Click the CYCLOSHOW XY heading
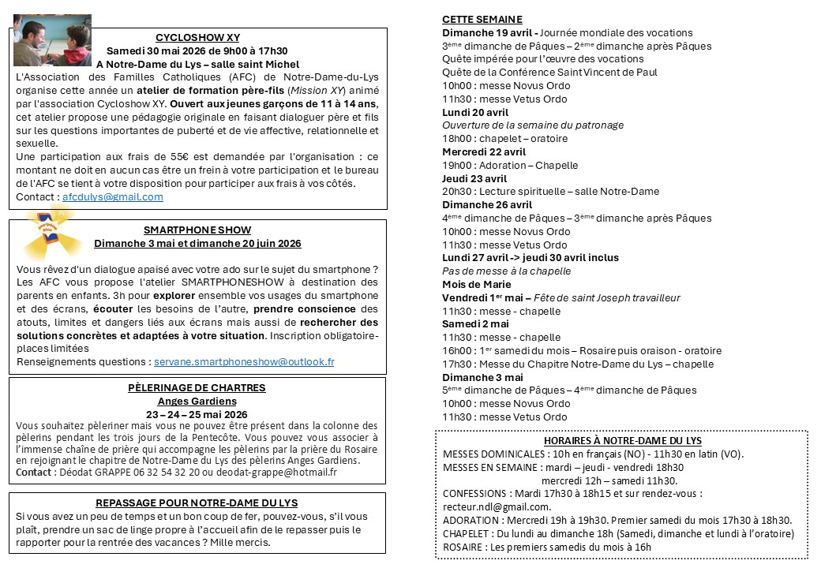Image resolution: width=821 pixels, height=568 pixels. click(x=197, y=37)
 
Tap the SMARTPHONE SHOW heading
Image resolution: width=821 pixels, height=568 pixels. click(x=197, y=230)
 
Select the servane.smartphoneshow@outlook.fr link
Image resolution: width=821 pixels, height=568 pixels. click(x=244, y=362)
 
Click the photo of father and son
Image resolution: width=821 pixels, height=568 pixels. click(x=52, y=40)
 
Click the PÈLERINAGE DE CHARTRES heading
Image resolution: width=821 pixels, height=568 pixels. click(x=197, y=388)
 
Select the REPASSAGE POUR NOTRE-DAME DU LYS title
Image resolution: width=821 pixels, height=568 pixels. click(x=197, y=503)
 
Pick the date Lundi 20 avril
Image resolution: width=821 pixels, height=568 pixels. click(x=475, y=112)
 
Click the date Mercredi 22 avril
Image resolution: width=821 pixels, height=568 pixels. click(x=483, y=152)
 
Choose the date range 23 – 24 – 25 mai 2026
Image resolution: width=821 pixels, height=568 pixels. click(x=197, y=415)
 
